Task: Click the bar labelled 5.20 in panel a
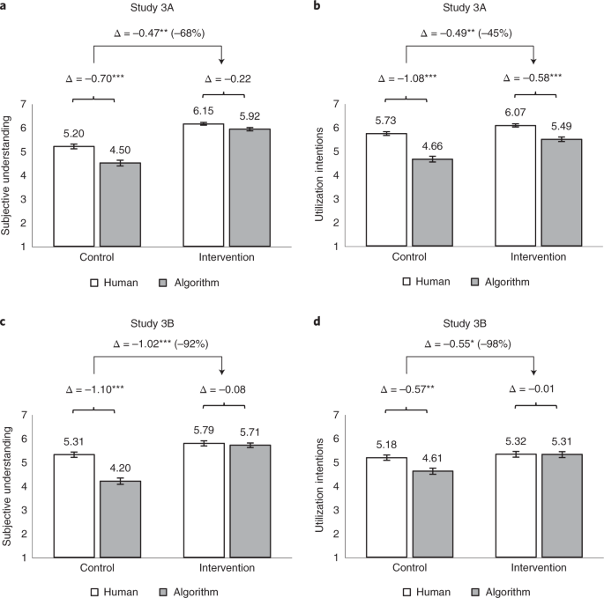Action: pos(74,196)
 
